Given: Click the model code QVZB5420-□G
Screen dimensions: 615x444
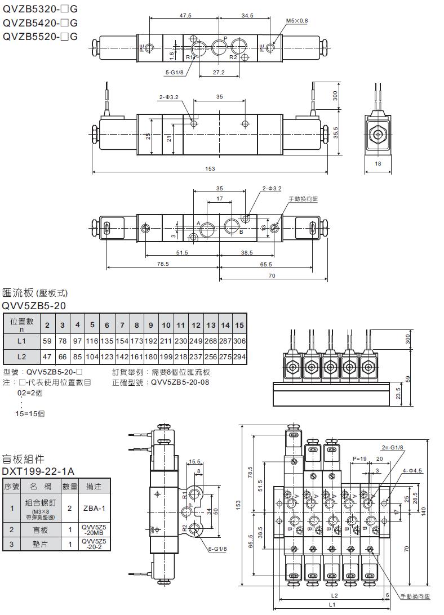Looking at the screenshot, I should coord(40,23).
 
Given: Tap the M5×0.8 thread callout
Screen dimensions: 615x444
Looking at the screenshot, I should coord(297,21).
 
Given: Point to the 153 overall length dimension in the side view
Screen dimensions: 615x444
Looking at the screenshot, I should coord(209,168).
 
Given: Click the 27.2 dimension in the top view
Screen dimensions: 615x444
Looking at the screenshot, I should coord(219,73).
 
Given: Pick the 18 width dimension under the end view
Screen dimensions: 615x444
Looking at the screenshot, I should coord(377,163).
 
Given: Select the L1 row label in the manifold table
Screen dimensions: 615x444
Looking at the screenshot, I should coord(21,341).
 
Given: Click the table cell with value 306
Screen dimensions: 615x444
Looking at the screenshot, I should coord(239,341).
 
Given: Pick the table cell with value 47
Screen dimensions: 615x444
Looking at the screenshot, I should coord(47,356).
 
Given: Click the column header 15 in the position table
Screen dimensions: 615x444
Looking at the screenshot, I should coord(239,325).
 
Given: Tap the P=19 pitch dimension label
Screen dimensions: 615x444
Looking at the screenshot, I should coord(359,459).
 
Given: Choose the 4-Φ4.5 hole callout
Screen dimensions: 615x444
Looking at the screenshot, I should coord(414,470).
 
